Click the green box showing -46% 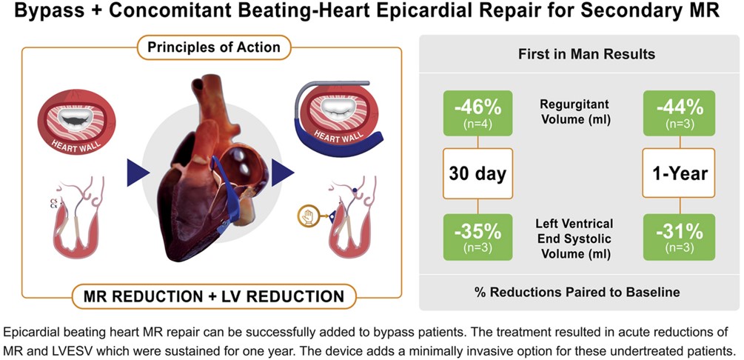(x=477, y=113)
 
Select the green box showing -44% (x=680, y=113)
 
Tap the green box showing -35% (x=477, y=237)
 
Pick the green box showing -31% (x=680, y=237)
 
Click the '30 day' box (x=477, y=173)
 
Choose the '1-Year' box (x=680, y=173)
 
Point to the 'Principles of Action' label (x=212, y=47)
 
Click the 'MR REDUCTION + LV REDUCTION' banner (x=213, y=296)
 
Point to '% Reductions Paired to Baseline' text (x=578, y=292)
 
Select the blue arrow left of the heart (x=138, y=173)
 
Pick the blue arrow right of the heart (x=283, y=173)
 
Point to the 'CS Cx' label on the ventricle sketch (x=53, y=204)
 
